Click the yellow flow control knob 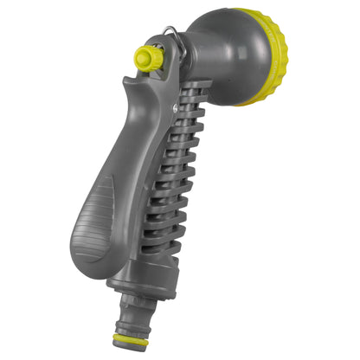(x=149, y=58)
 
